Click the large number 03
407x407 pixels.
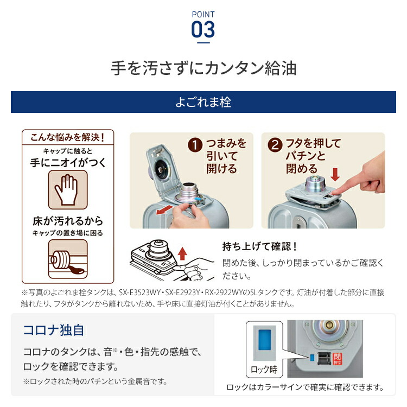point(203,29)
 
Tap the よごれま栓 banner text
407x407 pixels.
point(203,101)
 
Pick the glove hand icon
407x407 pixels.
point(67,189)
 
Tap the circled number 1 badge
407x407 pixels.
point(196,145)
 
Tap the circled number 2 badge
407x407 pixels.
point(276,145)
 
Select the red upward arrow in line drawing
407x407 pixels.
point(182,252)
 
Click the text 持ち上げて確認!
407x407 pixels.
point(260,246)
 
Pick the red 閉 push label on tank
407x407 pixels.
point(336,359)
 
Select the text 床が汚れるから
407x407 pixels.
point(67,221)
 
